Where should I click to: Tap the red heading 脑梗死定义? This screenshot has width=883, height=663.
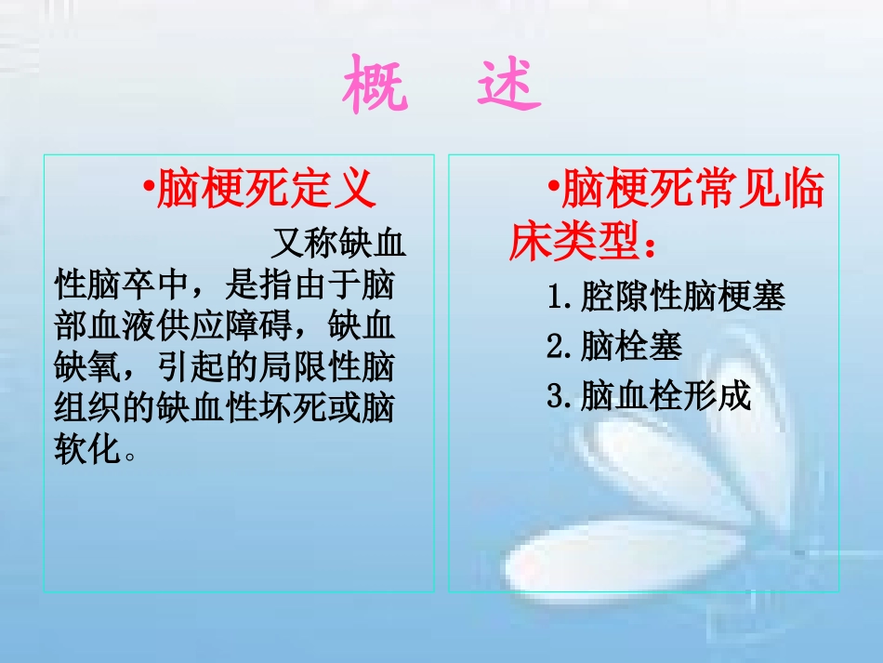267,189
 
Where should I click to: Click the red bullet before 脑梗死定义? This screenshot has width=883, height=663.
149,190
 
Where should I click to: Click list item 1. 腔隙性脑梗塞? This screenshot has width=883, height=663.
666,298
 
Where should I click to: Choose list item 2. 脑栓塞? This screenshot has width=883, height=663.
615,347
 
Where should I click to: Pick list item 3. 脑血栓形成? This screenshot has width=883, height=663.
649,397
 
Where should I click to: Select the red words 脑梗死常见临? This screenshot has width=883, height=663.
692,190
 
